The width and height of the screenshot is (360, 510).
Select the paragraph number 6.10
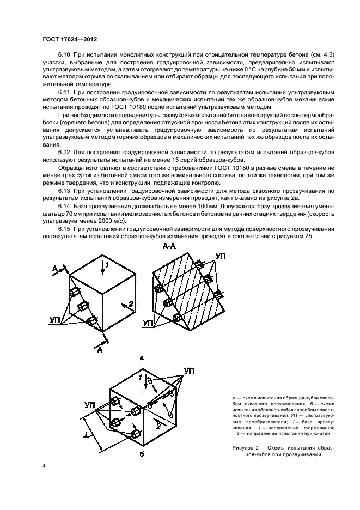point(65,57)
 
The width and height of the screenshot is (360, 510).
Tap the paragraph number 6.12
point(65,151)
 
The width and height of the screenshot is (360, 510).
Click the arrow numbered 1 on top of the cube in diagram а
point(106,265)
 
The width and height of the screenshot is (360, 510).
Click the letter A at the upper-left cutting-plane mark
point(54,268)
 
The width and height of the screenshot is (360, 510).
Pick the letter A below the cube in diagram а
point(99,350)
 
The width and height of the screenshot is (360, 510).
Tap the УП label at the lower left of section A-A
point(148,323)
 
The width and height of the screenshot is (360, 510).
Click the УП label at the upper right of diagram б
point(190,371)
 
